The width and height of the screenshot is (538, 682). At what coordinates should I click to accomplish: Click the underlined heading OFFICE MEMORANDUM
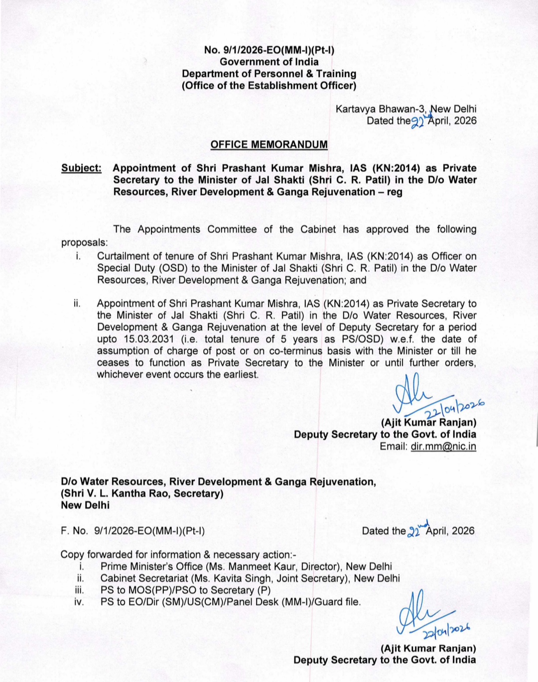[269, 144]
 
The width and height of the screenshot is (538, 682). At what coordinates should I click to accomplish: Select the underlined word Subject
[81, 168]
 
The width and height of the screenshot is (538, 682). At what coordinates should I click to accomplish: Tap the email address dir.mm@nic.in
[443, 446]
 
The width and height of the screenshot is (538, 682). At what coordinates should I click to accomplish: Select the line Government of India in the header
[269, 62]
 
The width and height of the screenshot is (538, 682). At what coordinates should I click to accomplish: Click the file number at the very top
[269, 50]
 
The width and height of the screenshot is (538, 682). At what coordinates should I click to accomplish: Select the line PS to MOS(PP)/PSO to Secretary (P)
[185, 590]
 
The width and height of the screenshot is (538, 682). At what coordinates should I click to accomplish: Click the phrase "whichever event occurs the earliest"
[178, 374]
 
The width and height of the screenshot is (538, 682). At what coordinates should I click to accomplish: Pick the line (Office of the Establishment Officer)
[269, 86]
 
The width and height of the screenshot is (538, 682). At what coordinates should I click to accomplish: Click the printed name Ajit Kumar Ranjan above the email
[428, 423]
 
